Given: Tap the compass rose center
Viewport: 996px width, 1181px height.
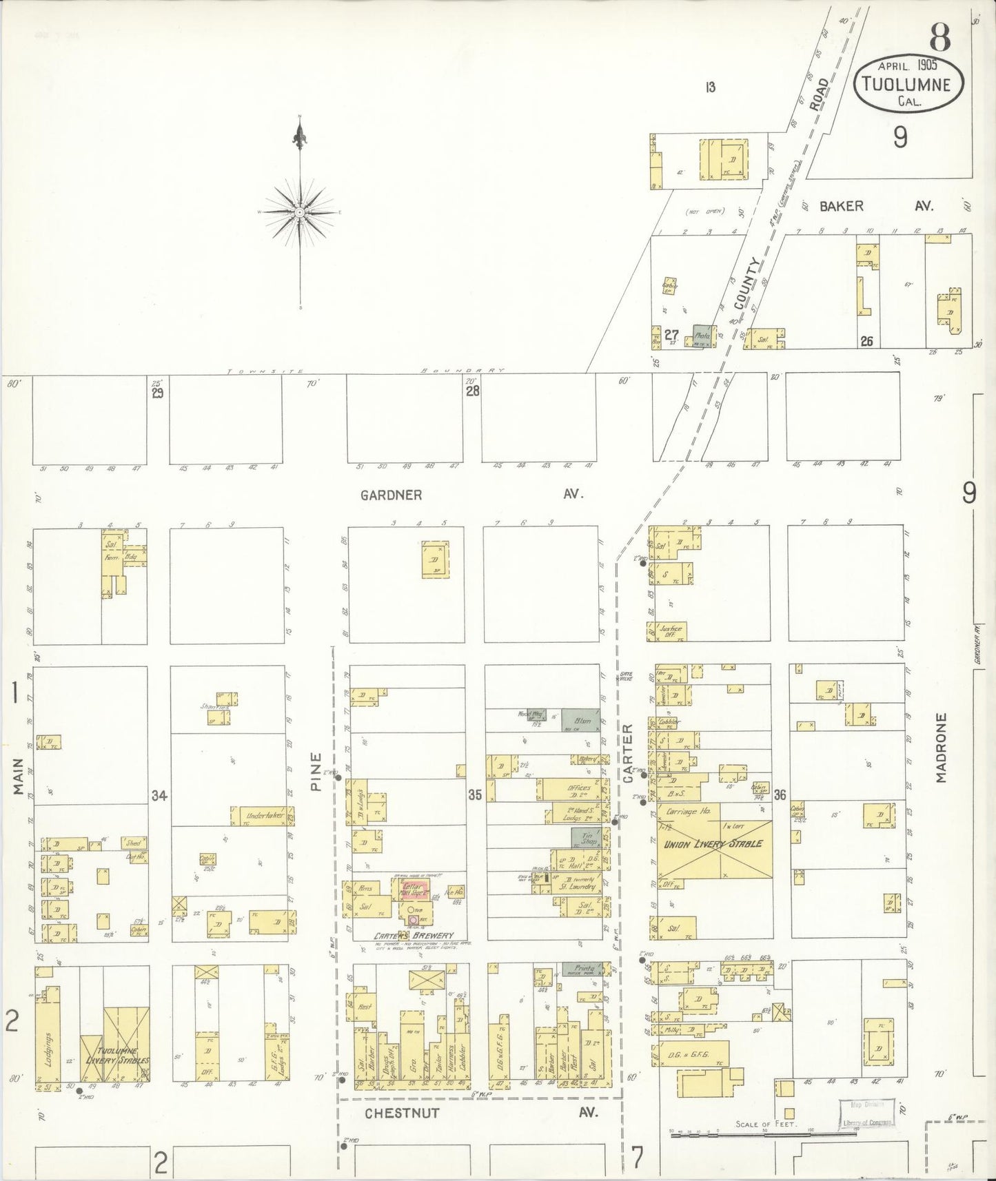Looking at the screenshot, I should (300, 213).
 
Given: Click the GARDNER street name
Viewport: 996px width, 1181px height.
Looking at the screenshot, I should (391, 495).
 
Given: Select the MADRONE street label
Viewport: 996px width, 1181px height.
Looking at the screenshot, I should (942, 748).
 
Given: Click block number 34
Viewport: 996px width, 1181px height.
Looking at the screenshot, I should (159, 797).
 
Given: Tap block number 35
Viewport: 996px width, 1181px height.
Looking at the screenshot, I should (474, 795).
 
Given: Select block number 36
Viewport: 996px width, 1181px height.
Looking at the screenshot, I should (780, 794).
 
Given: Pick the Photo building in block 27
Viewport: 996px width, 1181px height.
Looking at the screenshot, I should (702, 336).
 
